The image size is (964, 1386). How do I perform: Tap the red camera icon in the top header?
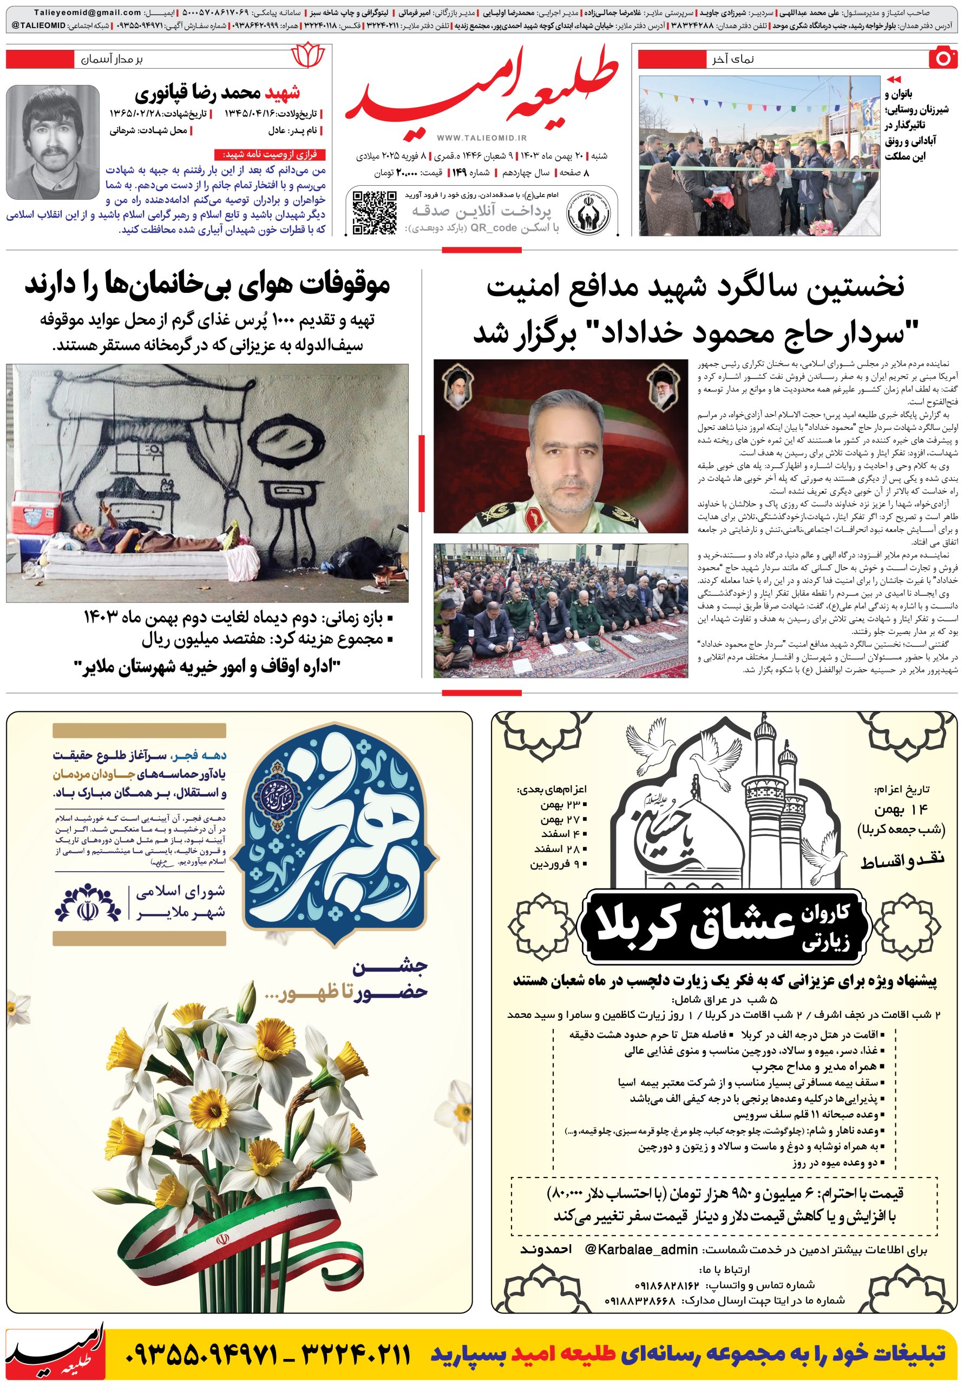tap(943, 58)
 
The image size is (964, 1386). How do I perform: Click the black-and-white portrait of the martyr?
tap(52, 142)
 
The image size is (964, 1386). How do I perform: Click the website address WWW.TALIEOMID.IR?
tap(482, 138)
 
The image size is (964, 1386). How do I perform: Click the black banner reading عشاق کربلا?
tap(723, 925)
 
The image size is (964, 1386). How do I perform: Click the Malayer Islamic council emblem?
tap(88, 903)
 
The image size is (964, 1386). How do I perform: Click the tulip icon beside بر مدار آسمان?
tap(308, 56)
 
